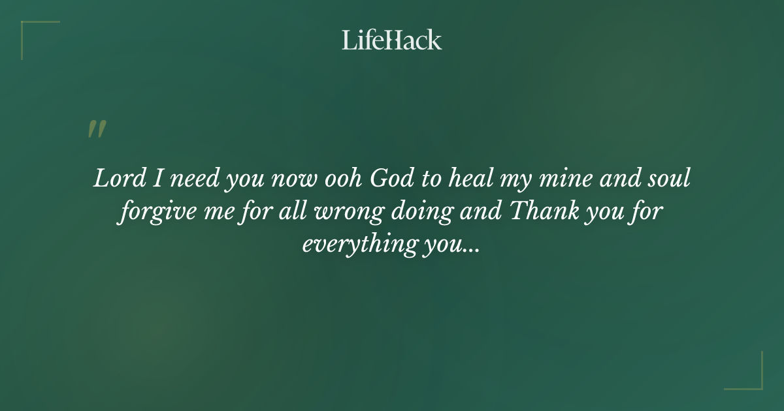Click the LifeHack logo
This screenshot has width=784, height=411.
coord(392,40)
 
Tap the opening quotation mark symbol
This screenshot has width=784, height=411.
coord(96,129)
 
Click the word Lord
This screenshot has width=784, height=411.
coord(119,179)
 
